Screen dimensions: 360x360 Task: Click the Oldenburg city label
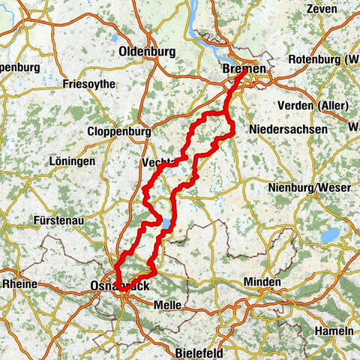tap(147, 52)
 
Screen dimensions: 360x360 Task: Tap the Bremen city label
tap(244, 69)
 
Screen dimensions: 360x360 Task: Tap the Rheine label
tap(22, 284)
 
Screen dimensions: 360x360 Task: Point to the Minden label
tap(262, 283)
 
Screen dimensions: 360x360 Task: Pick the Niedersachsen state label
tap(289, 130)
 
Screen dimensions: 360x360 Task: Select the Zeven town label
tap(322, 10)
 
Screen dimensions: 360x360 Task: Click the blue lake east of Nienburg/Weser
tap(331, 235)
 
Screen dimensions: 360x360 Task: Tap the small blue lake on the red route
tap(163, 223)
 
